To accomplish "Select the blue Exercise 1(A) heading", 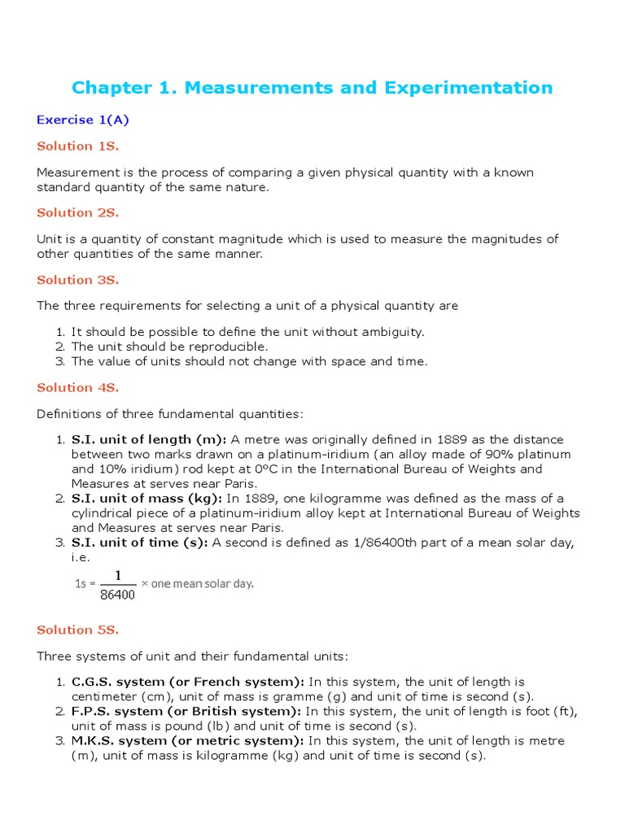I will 83,120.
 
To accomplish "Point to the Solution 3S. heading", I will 78,280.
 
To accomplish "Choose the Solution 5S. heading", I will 78,630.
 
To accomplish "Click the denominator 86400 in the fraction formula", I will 118,594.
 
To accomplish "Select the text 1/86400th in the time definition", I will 386,543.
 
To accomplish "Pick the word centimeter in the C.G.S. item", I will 106,696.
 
